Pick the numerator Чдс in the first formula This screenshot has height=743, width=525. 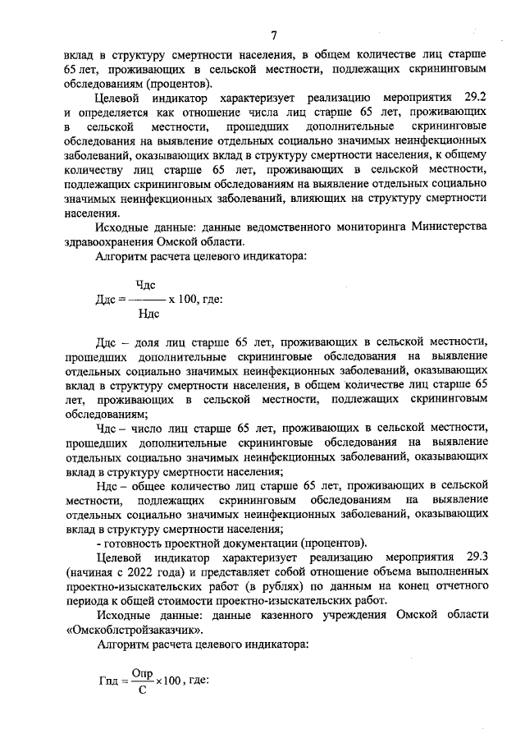146,284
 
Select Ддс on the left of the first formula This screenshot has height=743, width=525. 108,299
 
